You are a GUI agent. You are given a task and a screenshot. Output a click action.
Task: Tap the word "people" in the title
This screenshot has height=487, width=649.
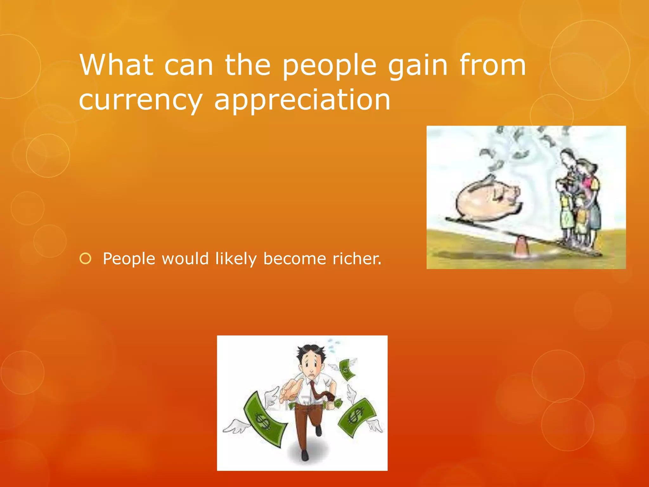[x=329, y=66]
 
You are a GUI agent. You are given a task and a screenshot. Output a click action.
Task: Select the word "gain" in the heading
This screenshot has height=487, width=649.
[x=418, y=66]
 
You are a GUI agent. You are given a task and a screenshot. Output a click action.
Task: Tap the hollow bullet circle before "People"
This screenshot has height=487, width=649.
[x=86, y=259]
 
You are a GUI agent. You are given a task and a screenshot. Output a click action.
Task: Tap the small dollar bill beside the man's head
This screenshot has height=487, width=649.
[x=347, y=369]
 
